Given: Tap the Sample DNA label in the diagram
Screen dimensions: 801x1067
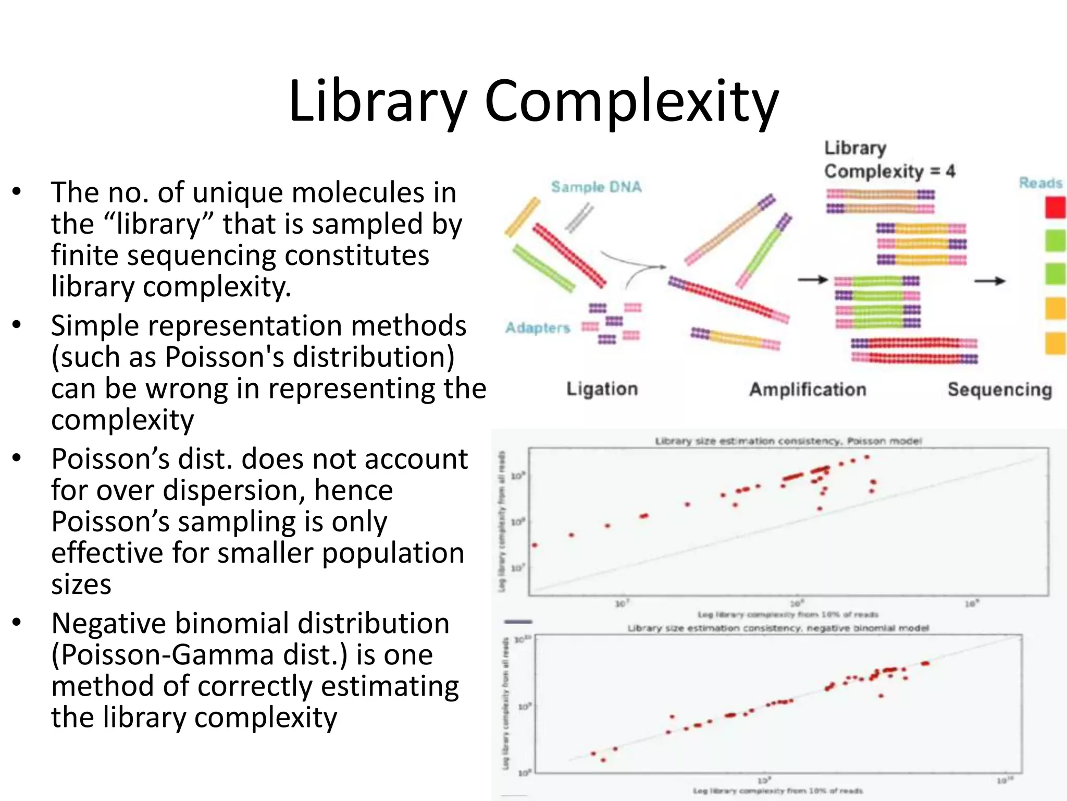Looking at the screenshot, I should (x=596, y=187).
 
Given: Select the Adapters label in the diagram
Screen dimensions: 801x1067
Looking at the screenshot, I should (x=538, y=327).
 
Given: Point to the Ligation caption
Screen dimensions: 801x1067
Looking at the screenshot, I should (x=602, y=389).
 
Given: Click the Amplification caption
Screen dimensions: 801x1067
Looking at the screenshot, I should (x=808, y=390).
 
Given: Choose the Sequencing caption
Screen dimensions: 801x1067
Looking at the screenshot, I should (x=999, y=390).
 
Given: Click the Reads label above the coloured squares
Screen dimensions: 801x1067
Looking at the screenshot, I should (x=1040, y=183).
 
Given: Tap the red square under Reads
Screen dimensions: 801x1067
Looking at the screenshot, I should (x=1054, y=208).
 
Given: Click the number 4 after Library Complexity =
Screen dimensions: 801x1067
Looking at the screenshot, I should (x=950, y=171).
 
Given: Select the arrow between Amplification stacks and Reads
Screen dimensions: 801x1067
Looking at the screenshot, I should (x=989, y=281).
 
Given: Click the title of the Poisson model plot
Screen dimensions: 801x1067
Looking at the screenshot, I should (x=788, y=441).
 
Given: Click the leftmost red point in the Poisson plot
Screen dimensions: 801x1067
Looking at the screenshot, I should (x=535, y=545).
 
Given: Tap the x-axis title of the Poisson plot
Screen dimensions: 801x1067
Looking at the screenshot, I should (x=788, y=614).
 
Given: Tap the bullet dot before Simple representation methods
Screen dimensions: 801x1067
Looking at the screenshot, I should (x=17, y=324).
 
